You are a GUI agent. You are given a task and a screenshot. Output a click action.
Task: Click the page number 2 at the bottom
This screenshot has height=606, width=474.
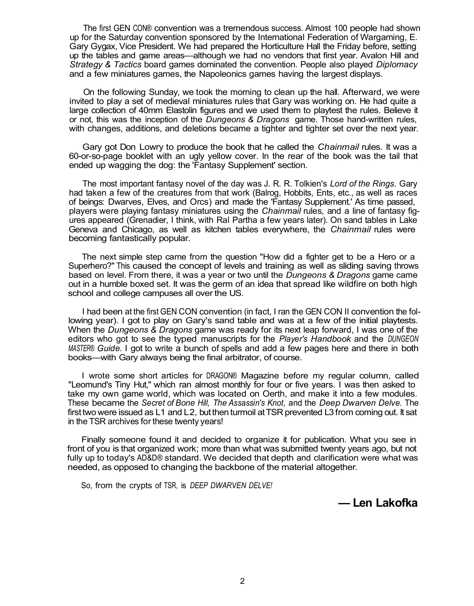tap(242, 581)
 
